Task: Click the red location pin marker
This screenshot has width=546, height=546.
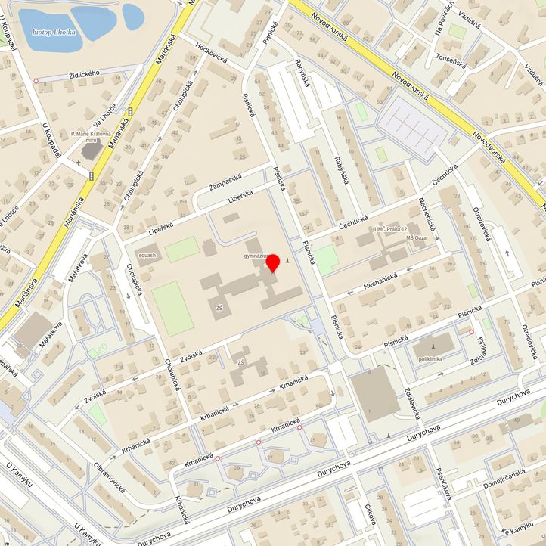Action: click(274, 263)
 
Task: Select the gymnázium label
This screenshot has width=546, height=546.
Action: click(257, 256)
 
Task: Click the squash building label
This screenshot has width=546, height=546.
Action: click(147, 255)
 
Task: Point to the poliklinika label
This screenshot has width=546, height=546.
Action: click(428, 359)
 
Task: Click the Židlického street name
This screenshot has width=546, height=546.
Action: click(83, 73)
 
